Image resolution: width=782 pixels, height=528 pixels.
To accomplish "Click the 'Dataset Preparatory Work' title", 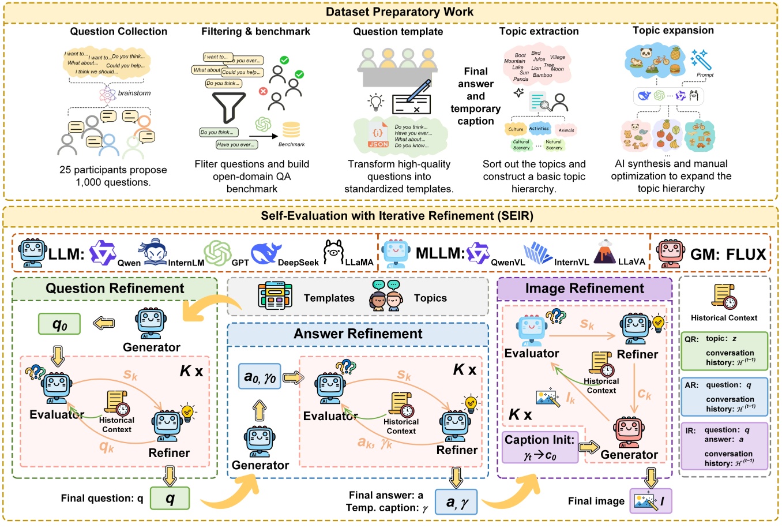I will [399, 12].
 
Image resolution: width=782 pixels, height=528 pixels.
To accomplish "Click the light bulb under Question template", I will [376, 103].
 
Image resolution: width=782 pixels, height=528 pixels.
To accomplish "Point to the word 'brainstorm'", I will [134, 93].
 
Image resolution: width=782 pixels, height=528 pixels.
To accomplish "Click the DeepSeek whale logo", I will [266, 253].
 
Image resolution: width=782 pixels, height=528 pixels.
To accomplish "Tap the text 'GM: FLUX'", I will [728, 254].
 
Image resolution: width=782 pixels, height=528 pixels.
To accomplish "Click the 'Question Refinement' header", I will [115, 289].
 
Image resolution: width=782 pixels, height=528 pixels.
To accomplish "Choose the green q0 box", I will [59, 324].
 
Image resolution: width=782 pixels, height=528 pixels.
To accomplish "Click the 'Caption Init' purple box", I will [540, 447].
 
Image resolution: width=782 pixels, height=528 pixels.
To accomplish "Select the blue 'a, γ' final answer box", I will [456, 501].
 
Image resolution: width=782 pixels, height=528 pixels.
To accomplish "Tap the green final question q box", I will [170, 498].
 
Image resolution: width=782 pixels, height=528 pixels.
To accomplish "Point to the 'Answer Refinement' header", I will [358, 334].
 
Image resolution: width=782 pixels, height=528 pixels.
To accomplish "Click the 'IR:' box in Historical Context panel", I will [724, 446].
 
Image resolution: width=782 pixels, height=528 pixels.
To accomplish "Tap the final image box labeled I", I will [651, 501].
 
